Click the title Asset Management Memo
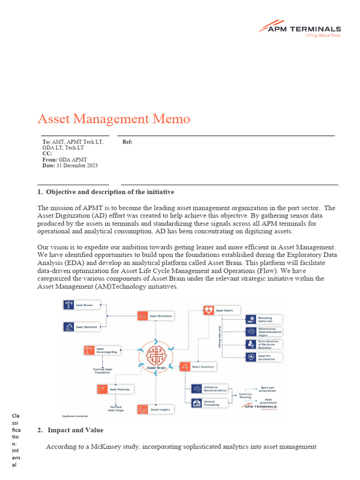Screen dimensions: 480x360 114,119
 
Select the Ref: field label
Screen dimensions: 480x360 127,142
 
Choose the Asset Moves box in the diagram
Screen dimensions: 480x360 82,305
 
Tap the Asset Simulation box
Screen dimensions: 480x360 156,316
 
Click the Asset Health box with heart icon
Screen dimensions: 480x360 221,310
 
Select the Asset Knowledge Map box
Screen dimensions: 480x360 101,351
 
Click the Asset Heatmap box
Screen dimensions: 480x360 115,390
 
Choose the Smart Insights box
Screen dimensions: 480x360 156,409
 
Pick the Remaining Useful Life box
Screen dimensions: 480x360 264,320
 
